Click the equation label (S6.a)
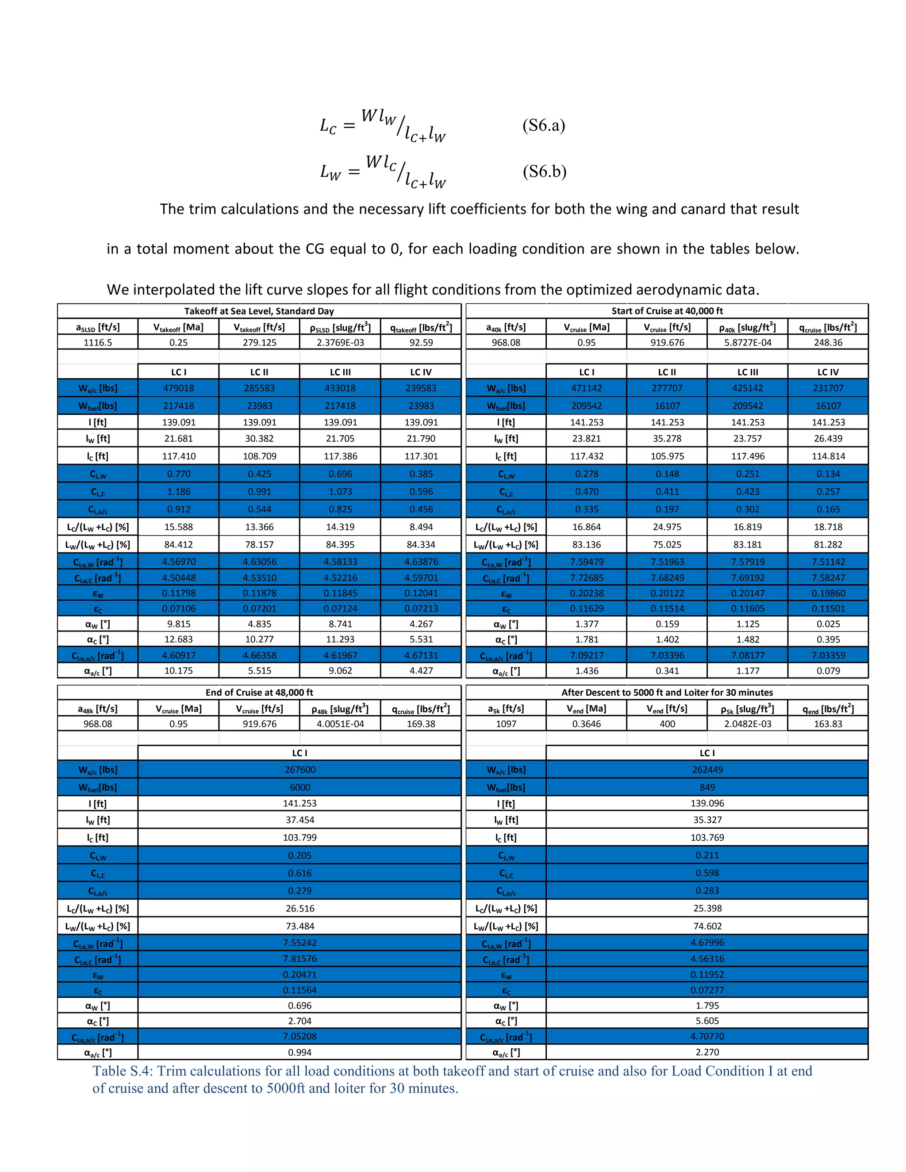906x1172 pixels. coord(543,125)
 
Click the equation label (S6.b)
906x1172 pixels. coord(544,171)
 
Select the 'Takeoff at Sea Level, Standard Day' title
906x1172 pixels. coord(259,311)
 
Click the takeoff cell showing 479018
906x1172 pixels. coord(178,388)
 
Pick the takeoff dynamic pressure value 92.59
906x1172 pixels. coord(421,342)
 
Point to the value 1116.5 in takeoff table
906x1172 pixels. coord(98,342)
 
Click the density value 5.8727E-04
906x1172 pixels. coord(747,342)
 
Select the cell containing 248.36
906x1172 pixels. coord(828,342)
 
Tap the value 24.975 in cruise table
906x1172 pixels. coord(667,527)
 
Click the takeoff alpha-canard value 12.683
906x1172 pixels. coord(178,639)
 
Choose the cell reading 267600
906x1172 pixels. coord(299,770)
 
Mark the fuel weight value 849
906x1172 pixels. coord(707,787)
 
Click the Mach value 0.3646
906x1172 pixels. coord(586,724)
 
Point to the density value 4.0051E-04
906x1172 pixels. coord(340,724)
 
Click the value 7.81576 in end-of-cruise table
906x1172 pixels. coord(299,958)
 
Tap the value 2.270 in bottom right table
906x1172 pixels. coord(707,1052)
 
